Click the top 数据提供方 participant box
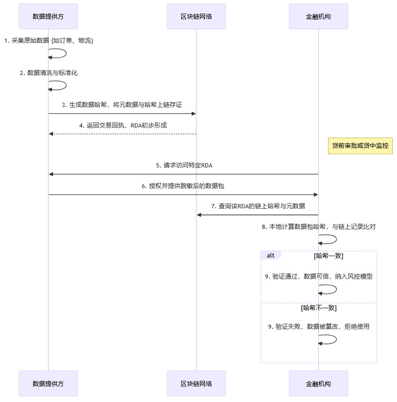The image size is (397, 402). pyautogui.click(x=48, y=16)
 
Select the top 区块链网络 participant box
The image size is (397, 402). pyautogui.click(x=196, y=16)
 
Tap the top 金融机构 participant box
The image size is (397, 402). pyautogui.click(x=318, y=16)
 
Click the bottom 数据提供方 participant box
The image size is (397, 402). pyautogui.click(x=48, y=383)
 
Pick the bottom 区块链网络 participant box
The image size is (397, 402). pyautogui.click(x=196, y=383)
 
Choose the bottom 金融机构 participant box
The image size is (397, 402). pyautogui.click(x=318, y=383)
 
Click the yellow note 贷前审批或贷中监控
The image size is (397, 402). pyautogui.click(x=360, y=146)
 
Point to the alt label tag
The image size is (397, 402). pyautogui.click(x=271, y=255)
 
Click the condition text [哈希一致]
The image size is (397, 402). pyautogui.click(x=328, y=256)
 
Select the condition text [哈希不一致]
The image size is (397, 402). pyautogui.click(x=319, y=308)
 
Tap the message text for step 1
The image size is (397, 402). pyautogui.click(x=49, y=41)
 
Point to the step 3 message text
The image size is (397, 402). pyautogui.click(x=122, y=105)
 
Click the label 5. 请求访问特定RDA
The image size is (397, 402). pyautogui.click(x=184, y=166)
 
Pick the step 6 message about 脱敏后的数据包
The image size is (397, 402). pyautogui.click(x=183, y=186)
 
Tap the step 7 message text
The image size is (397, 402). pyautogui.click(x=258, y=206)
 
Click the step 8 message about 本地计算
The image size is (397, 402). pyautogui.click(x=319, y=227)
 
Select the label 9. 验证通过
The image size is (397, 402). pyautogui.click(x=319, y=277)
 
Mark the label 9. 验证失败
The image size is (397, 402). pyautogui.click(x=319, y=327)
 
